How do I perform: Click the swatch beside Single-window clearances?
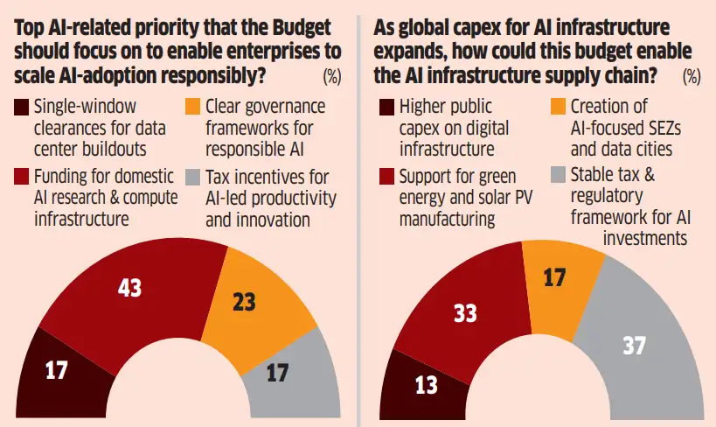[20, 109]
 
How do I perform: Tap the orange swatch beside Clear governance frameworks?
[193, 109]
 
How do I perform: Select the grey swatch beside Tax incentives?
[193, 178]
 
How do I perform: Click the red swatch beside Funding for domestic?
[20, 178]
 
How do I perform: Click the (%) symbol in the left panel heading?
[332, 76]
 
